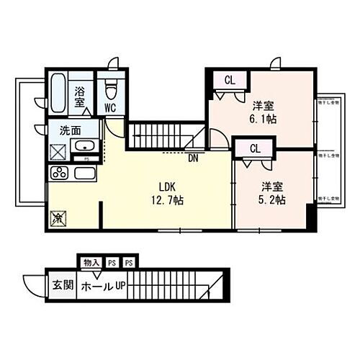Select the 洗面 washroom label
(69, 132)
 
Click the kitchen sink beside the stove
(85, 174)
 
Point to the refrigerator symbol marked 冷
(58, 216)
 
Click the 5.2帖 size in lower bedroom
(271, 199)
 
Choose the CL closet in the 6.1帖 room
(228, 80)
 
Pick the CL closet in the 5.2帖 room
(254, 148)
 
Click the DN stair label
(192, 158)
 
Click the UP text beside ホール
(120, 286)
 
